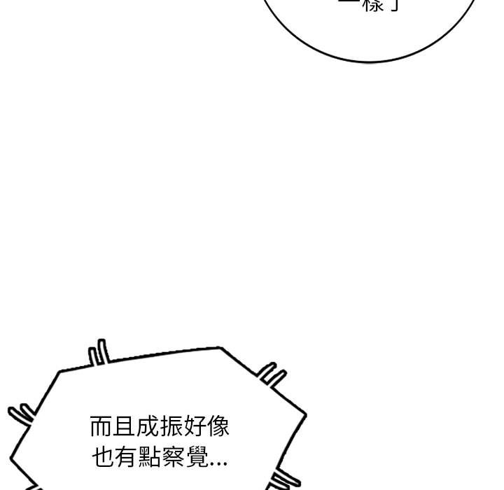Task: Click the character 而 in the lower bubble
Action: pos(101,427)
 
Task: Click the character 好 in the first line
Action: pos(194,427)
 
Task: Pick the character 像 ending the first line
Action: pos(217,427)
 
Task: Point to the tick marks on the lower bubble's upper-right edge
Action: pos(272,377)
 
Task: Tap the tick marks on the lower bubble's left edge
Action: pos(21,414)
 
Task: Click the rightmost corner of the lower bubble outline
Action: pos(306,414)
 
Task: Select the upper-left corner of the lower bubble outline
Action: pos(59,371)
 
